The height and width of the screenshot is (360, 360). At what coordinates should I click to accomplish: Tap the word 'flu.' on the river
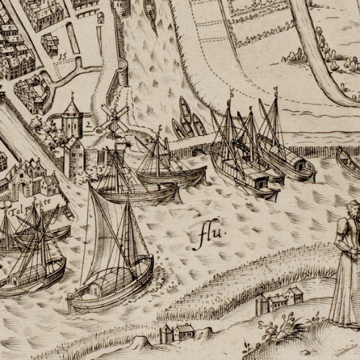tap(211, 235)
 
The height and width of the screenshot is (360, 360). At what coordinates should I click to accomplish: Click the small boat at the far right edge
tap(348, 162)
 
